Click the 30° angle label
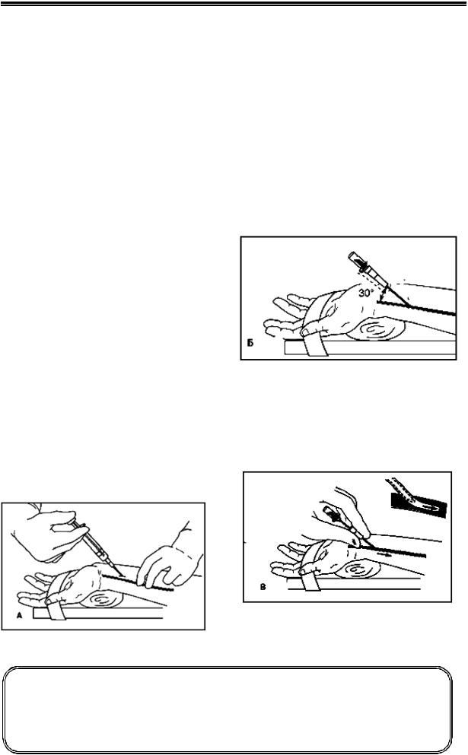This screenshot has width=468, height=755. coord(366,292)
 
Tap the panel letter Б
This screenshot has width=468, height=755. coord(250,344)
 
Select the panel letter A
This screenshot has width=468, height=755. coord(19,615)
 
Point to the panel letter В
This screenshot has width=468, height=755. coord(263,587)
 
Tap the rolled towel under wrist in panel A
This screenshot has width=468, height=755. coord(100,599)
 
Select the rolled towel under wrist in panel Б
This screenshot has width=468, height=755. coord(375,330)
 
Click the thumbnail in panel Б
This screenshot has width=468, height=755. coord(306,332)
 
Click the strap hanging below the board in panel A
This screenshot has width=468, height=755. coord(57,612)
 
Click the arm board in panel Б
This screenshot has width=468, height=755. coord(370,347)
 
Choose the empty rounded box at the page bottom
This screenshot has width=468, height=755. coord(228,710)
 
